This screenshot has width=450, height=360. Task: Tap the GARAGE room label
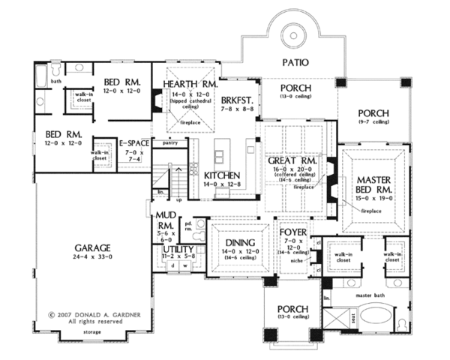click(91, 247)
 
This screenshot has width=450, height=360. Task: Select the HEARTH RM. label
click(189, 86)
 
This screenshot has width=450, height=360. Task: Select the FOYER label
click(294, 232)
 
